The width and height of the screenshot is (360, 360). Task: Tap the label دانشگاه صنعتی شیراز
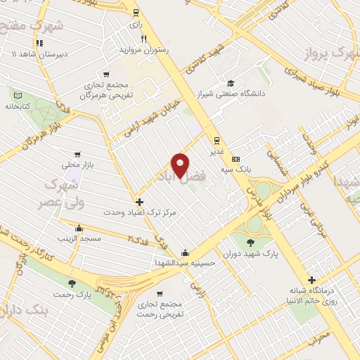231,96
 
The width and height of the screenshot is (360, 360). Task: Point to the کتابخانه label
19,107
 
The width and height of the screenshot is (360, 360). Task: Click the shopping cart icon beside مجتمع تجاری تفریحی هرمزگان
105,73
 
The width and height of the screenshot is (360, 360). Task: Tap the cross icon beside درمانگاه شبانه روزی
311,280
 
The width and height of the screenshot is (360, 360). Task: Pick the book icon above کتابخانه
19,96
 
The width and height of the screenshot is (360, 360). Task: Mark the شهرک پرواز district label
330,53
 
